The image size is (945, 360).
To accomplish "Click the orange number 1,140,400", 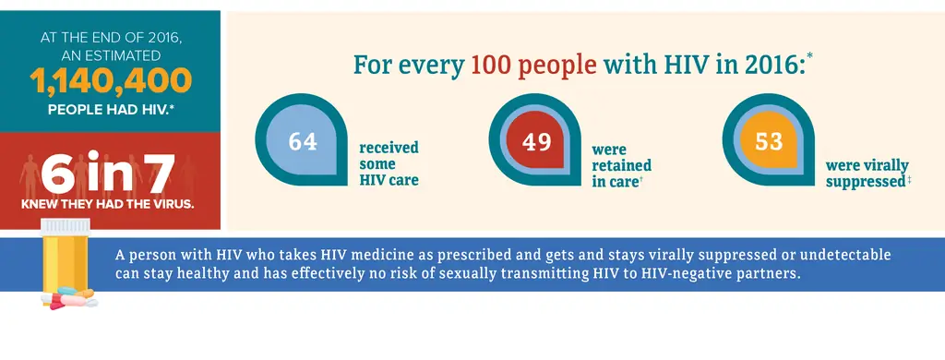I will point(111,83).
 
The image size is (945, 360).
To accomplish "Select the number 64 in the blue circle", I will point(303,142).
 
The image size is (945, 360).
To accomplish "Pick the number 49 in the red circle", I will point(536,142).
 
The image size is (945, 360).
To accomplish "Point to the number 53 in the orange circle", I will point(769,142).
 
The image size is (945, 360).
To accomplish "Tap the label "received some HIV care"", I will point(389,163).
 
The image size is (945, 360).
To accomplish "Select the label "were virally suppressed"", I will point(868,174).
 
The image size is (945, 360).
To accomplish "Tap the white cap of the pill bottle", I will point(67,227).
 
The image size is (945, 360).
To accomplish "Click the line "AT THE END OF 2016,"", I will point(110,38).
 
